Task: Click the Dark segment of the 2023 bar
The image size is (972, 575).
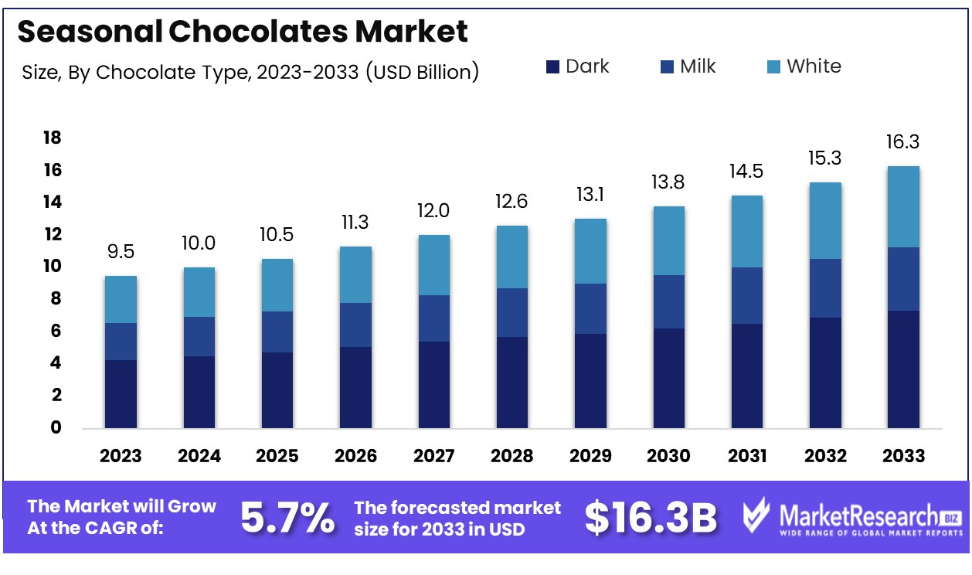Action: tap(121, 393)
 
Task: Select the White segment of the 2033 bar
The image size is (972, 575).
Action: tap(903, 206)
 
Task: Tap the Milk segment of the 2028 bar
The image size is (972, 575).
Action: tap(511, 312)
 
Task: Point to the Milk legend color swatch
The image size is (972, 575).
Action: tap(667, 67)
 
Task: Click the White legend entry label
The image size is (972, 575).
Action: tap(814, 66)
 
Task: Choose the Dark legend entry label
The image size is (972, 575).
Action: tap(587, 66)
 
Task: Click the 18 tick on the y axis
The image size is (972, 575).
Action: tap(51, 138)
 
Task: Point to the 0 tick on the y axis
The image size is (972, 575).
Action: tap(56, 427)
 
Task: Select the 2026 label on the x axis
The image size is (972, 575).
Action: tap(355, 456)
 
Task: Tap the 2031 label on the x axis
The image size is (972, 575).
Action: tap(747, 456)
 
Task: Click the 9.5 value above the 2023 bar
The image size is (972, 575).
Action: tap(121, 252)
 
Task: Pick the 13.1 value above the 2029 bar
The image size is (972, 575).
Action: tap(590, 195)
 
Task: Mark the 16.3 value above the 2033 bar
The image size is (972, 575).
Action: tap(903, 142)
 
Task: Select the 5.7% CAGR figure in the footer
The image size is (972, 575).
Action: tap(287, 518)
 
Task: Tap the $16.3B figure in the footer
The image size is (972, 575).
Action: tap(651, 518)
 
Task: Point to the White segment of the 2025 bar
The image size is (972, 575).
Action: tap(277, 285)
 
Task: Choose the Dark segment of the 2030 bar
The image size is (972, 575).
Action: tap(668, 378)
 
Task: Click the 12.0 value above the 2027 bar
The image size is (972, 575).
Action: tap(433, 211)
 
